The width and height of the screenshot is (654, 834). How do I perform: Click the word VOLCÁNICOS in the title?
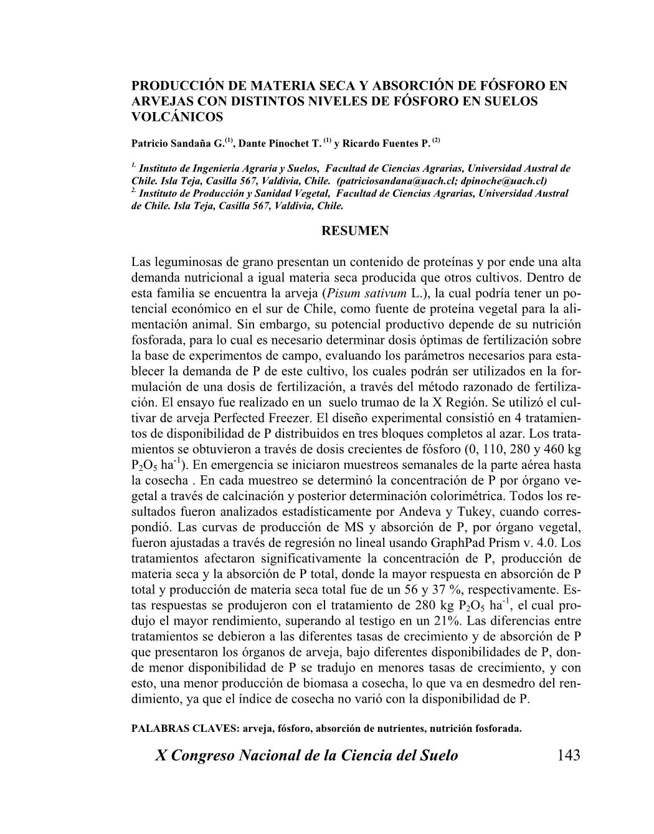pyautogui.click(x=177, y=116)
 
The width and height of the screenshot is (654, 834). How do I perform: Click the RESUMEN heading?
pyautogui.click(x=354, y=231)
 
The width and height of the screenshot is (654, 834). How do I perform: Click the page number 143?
pyautogui.click(x=569, y=756)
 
